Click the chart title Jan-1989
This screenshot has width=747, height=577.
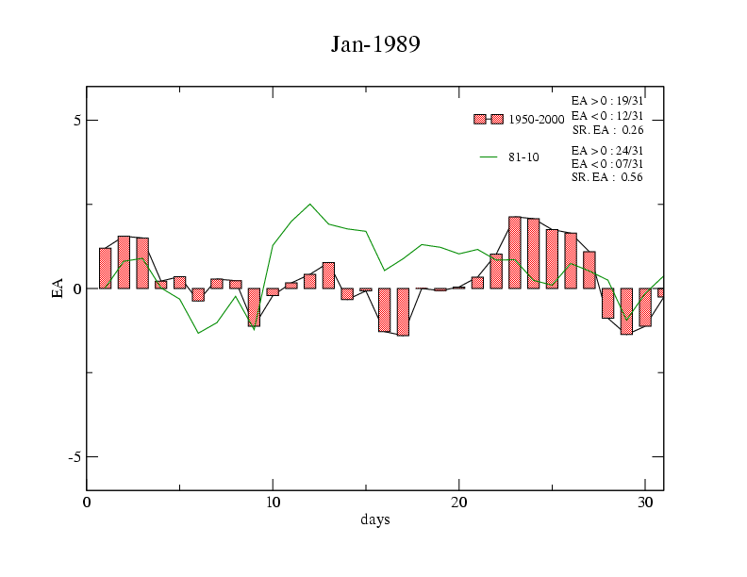point(374,43)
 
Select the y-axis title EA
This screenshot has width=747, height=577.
point(58,288)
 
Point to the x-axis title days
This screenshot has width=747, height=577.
point(374,519)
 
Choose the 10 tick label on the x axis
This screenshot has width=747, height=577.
point(273,503)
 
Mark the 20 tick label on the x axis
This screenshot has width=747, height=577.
point(458,503)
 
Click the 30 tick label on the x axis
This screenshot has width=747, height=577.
point(644,503)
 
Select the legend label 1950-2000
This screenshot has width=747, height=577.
point(536,120)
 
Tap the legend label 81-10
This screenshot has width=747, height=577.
point(523,157)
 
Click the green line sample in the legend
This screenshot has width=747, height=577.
point(489,157)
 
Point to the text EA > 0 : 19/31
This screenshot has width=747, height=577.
point(607,99)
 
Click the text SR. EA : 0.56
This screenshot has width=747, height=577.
point(607,177)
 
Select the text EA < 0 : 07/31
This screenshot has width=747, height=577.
point(607,164)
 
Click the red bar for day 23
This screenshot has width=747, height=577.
point(514,253)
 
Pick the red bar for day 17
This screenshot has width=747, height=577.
point(403,312)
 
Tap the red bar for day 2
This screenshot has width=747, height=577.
point(124,262)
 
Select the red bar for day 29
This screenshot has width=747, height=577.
point(625,311)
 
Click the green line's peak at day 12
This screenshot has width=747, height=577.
point(309,204)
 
